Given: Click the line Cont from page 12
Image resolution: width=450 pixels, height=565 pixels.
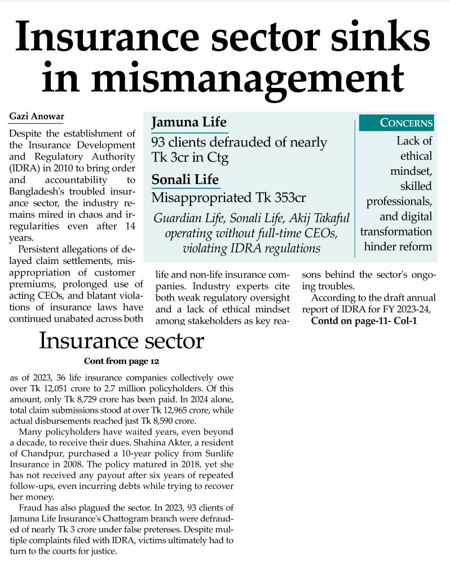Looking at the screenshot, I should tap(122, 361).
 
